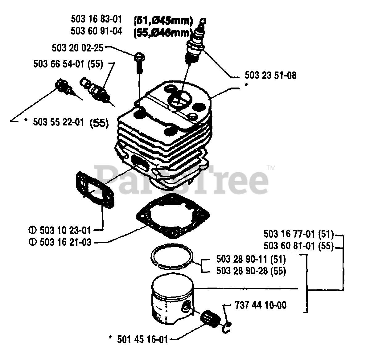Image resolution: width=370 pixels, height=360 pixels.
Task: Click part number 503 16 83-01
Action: click(96, 19)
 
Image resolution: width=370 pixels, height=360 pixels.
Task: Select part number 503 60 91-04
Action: click(96, 31)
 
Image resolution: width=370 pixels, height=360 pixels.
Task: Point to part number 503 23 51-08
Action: click(270, 75)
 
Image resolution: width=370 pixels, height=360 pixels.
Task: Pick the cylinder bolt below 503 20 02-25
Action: click(139, 63)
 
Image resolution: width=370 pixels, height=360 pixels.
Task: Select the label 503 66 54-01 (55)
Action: click(68, 64)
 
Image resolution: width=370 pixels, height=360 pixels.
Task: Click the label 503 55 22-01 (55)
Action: click(71, 122)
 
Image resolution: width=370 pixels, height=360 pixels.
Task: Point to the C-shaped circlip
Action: click(227, 328)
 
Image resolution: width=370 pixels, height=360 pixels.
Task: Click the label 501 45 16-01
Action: click(142, 340)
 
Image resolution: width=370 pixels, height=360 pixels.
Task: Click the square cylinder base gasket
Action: click(173, 219)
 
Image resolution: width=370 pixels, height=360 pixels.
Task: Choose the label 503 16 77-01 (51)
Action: click(298, 235)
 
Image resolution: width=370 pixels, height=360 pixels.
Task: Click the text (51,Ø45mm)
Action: click(163, 21)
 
